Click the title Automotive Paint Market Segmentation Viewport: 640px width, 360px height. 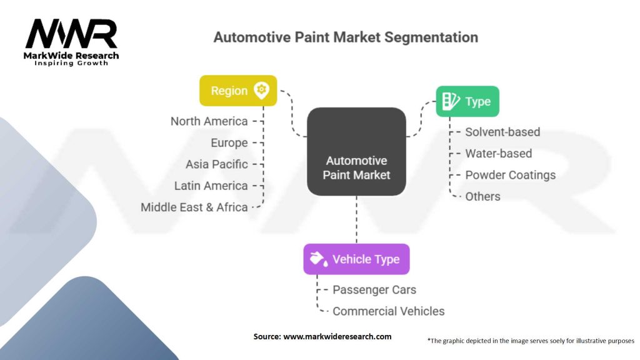[x=346, y=37]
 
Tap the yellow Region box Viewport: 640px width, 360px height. [x=237, y=91]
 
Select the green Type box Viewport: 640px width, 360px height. [x=467, y=101]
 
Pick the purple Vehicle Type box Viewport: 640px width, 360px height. [x=356, y=259]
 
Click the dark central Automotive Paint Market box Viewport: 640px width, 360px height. [x=356, y=151]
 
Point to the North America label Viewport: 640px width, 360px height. [x=209, y=121]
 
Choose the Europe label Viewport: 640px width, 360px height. [x=229, y=142]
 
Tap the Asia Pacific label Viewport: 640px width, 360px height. [x=217, y=164]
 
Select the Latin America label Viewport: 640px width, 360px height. [x=211, y=186]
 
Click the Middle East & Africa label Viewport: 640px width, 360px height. [x=194, y=207]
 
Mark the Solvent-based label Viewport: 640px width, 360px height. [x=502, y=132]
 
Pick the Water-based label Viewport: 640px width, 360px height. [x=499, y=153]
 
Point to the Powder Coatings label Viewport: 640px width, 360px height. [x=510, y=175]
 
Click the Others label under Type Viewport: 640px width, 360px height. [x=482, y=196]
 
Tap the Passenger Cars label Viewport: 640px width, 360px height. [x=374, y=289]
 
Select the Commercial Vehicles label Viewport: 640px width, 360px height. [x=388, y=311]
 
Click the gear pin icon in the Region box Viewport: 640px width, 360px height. [x=261, y=90]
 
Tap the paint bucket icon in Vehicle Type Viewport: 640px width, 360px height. [x=317, y=259]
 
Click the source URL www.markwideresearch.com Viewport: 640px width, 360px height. [x=337, y=336]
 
